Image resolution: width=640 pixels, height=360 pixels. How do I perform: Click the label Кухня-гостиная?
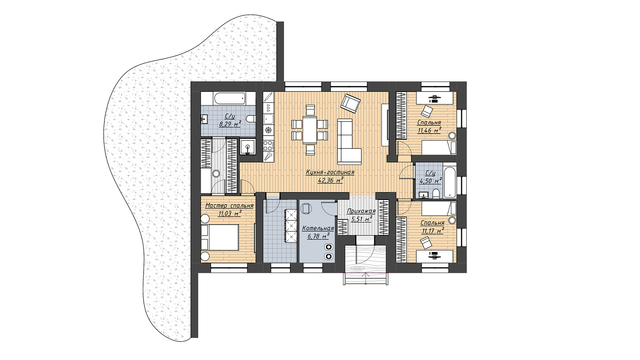click(x=330, y=172)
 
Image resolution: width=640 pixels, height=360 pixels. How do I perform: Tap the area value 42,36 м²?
click(x=330, y=180)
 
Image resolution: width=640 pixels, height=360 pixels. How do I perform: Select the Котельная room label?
click(x=318, y=228)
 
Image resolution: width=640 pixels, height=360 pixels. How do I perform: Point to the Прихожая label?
click(x=361, y=212)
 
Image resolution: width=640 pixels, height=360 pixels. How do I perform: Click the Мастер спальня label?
click(x=230, y=206)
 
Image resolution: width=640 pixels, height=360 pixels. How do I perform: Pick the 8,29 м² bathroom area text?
click(x=230, y=124)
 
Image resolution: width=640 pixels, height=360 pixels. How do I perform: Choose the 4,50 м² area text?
click(x=430, y=180)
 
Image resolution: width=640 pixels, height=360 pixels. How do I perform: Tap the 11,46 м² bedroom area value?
click(x=429, y=130)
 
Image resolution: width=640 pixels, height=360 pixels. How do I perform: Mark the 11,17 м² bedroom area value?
click(x=432, y=231)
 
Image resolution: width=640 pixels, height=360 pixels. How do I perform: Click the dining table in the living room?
click(x=310, y=130)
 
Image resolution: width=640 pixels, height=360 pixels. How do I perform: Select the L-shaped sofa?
click(x=349, y=142)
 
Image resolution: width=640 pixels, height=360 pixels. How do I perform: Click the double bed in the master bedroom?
click(x=220, y=237)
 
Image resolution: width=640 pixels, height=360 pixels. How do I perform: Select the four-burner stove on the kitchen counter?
click(x=268, y=145)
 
